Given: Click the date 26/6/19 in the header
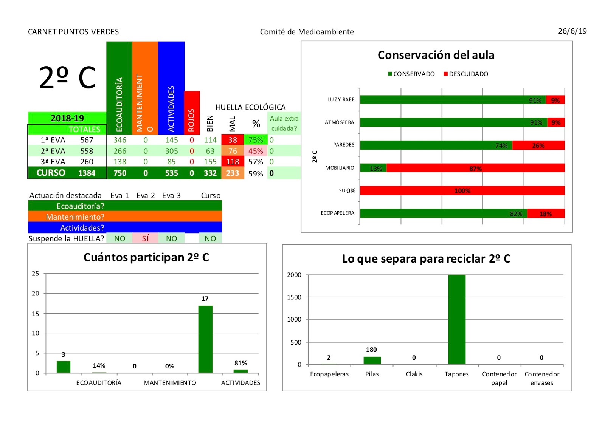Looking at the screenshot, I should pos(572,31).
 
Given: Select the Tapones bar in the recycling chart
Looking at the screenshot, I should pos(457,319).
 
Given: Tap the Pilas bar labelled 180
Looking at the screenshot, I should pos(372,360).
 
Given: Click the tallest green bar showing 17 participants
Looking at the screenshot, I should pos(205,339).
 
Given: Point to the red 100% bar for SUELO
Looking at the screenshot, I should pos(462,190).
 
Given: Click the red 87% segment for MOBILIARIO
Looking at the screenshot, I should pos(475,168).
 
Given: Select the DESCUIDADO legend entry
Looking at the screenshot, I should pos(466,74).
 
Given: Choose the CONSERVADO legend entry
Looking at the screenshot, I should pos(411,74).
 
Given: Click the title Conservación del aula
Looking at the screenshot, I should pos(436,55).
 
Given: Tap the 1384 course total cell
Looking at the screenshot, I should pos(87,173).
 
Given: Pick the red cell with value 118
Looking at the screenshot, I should pos(233,162).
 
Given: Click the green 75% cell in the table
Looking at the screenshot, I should pos(255,140).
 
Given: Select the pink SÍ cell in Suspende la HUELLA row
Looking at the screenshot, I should pos(145,238).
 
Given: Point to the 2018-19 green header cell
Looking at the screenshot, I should pos(67,118).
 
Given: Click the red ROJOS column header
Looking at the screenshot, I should pos(192,113).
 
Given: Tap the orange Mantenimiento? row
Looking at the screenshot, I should pos(125,217).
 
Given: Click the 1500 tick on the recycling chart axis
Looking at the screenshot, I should pos(294,297).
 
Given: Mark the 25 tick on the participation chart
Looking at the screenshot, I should pos(35,273).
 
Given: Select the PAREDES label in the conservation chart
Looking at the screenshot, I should pos(343,145).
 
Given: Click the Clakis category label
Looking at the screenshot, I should pos(414,374).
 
